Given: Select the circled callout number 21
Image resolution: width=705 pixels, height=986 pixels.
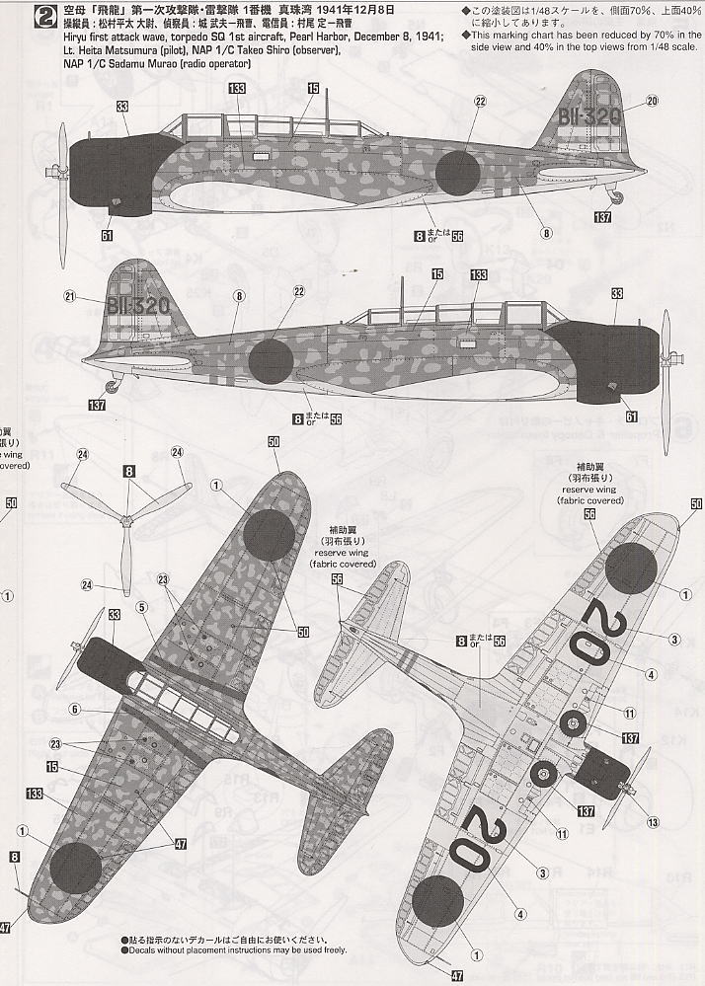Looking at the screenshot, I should (70, 295).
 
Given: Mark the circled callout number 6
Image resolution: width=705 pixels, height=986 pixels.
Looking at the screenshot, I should (73, 708).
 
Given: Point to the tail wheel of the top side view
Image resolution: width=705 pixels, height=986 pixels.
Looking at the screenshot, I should (617, 197).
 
